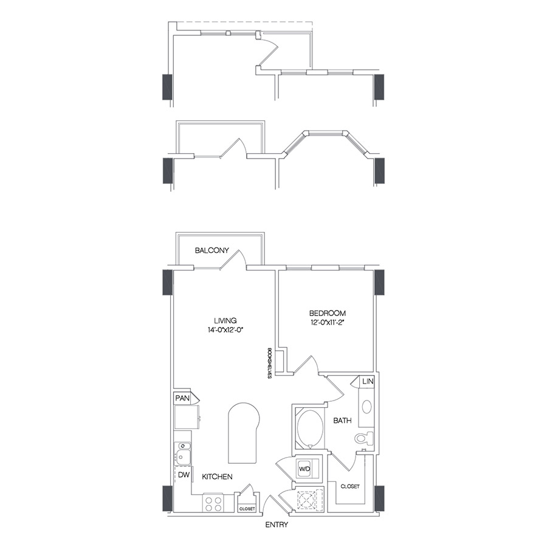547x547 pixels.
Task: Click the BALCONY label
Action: (212, 250)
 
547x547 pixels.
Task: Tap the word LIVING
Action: (224, 320)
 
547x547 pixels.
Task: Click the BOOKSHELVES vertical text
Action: (269, 363)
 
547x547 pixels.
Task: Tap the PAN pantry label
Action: (182, 398)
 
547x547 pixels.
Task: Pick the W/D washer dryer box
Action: (304, 469)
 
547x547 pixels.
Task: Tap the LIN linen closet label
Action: (367, 382)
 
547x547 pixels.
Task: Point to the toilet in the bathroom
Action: (364, 438)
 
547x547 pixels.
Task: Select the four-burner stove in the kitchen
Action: (213, 503)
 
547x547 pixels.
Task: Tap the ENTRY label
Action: (276, 525)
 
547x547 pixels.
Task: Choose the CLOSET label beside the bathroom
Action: (349, 487)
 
